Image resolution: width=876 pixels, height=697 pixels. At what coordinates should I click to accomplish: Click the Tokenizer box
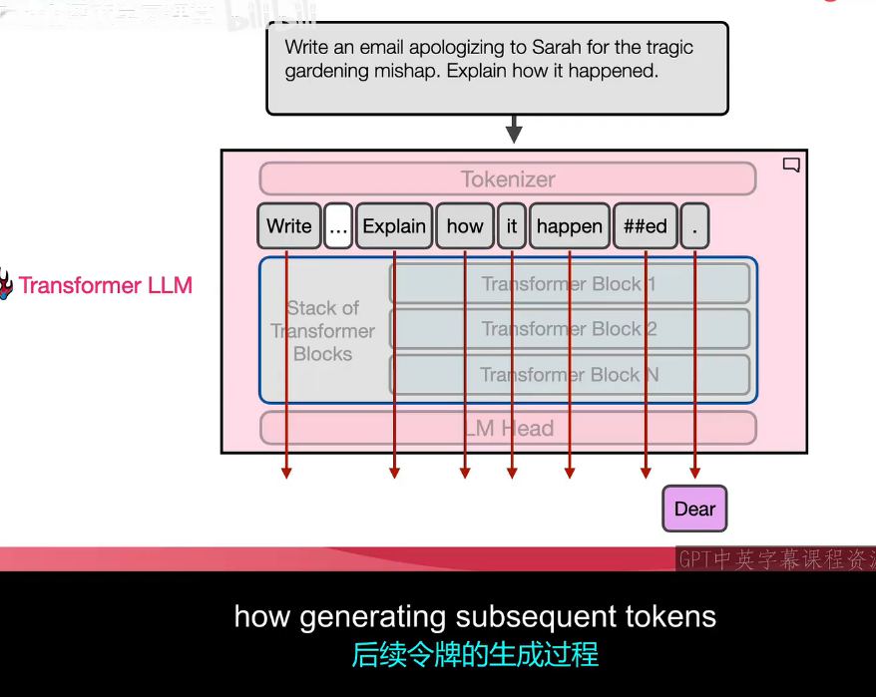tap(507, 179)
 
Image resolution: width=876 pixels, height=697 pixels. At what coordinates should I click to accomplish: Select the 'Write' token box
tap(289, 226)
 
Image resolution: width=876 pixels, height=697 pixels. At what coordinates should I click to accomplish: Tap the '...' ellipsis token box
tap(338, 227)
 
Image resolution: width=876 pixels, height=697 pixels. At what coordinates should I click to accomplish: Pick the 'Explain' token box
tap(394, 226)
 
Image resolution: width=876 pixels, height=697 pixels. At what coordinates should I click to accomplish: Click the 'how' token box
tap(464, 226)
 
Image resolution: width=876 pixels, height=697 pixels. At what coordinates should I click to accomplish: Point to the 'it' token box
tap(512, 226)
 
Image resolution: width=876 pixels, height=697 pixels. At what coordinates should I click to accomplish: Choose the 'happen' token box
tap(569, 226)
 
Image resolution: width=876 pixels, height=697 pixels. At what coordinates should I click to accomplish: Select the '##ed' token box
tap(645, 226)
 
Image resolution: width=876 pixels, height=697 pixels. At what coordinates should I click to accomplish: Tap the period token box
tap(694, 227)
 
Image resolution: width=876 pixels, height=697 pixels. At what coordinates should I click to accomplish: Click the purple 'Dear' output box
tap(694, 510)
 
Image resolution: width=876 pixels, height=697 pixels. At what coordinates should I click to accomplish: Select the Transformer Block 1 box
tap(569, 284)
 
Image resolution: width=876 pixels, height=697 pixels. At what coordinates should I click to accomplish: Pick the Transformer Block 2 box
tap(569, 329)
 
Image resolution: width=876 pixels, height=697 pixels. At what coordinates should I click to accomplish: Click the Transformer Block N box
tap(569, 375)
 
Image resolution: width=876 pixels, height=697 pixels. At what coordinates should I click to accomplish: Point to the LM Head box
tap(507, 428)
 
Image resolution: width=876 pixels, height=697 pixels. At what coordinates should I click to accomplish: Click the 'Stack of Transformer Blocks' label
tap(322, 331)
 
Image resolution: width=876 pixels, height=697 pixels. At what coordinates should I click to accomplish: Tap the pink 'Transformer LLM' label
tap(105, 286)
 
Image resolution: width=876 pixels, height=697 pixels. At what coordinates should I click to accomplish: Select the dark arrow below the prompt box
tap(514, 130)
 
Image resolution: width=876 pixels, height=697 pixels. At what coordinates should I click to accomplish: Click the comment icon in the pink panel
tap(791, 166)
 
